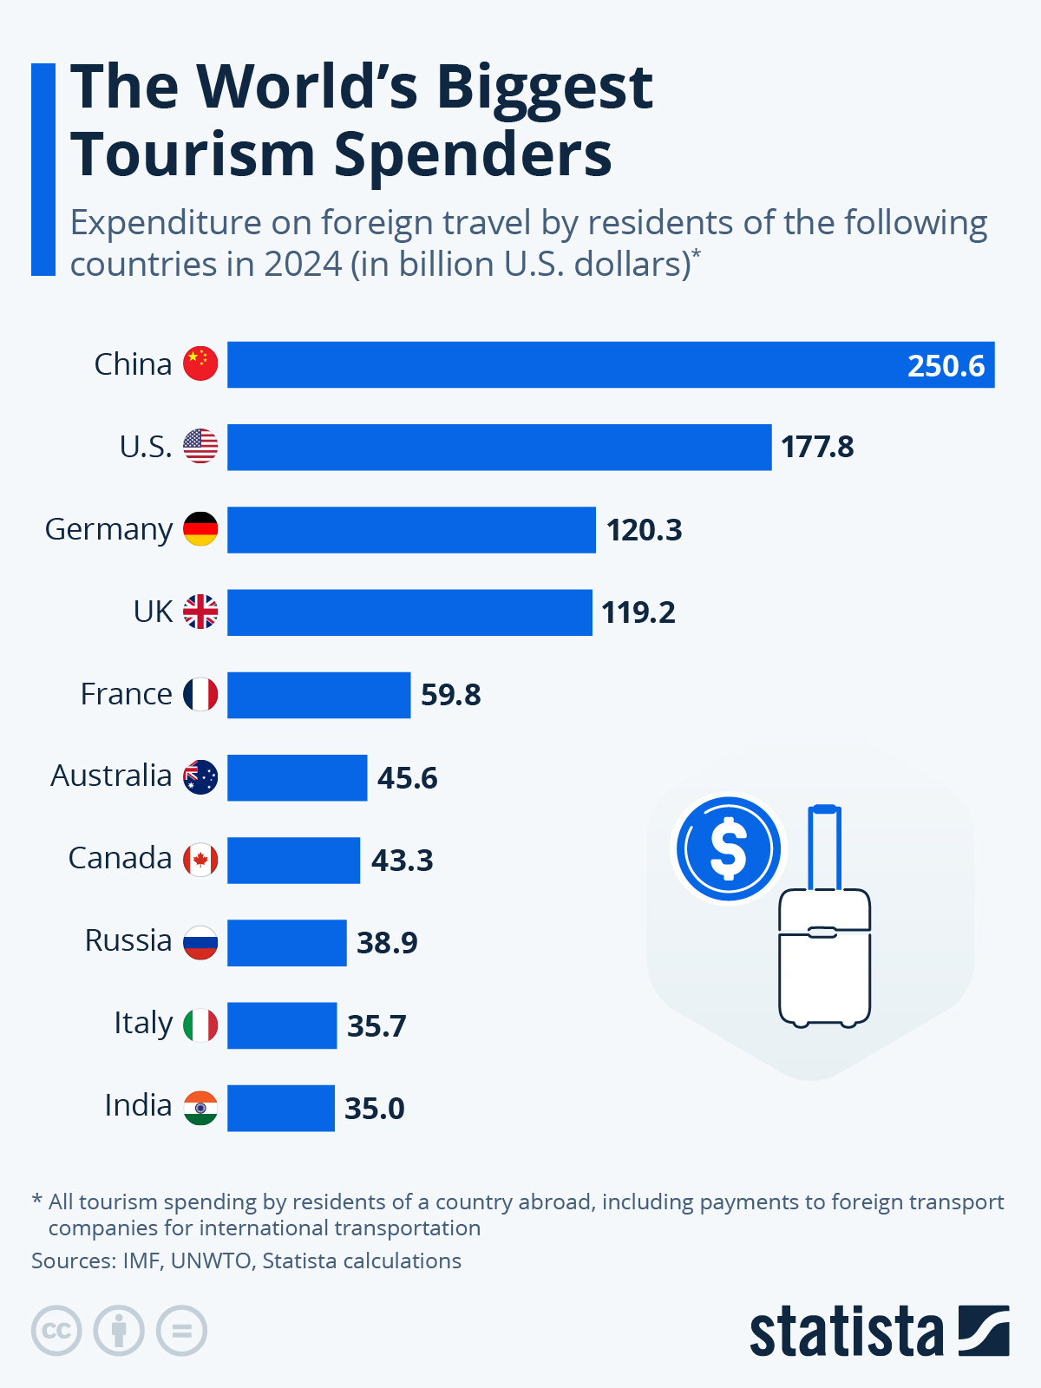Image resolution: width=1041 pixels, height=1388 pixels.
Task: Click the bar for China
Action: [x=564, y=364]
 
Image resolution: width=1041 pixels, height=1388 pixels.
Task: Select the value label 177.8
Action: [x=817, y=447]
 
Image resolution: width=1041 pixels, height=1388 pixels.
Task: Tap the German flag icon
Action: [x=200, y=529]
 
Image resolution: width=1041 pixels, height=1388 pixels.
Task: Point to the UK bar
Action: [x=409, y=612]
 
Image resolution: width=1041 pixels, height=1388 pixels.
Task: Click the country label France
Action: [x=127, y=694]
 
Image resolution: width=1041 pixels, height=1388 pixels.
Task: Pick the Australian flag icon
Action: [x=200, y=777]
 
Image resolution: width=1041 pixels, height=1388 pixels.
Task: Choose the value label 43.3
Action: [x=402, y=860]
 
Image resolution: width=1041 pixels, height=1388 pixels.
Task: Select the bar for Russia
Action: [x=286, y=943]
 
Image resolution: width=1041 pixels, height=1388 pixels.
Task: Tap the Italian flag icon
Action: [x=200, y=1025]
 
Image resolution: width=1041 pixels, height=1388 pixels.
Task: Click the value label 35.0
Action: [x=374, y=1108]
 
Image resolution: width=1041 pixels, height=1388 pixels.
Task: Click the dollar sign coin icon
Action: [x=729, y=848]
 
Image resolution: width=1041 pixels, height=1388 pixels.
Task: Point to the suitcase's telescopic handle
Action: [x=824, y=846]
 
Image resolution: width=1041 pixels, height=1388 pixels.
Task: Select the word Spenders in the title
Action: [x=473, y=154]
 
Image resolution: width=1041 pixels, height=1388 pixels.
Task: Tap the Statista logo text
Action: [x=846, y=1332]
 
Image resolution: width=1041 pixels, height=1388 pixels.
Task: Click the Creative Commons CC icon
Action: [x=56, y=1331]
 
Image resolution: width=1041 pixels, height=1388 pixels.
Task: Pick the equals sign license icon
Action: [x=182, y=1331]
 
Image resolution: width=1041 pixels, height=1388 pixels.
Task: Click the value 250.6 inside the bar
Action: [x=946, y=365]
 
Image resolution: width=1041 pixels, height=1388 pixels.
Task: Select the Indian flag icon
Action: [x=200, y=1108]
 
